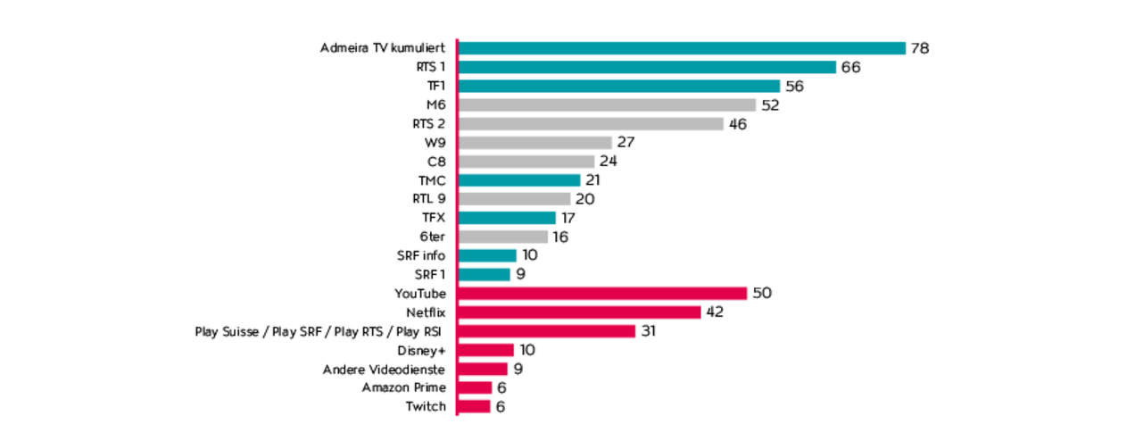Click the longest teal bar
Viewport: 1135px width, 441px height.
683,49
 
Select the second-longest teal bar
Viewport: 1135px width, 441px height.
648,68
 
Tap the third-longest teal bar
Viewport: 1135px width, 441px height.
620,86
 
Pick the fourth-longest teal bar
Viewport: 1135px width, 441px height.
520,181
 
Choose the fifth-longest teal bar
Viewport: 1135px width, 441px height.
509,218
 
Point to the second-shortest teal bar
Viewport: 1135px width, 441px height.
489,255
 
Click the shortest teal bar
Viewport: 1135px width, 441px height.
486,275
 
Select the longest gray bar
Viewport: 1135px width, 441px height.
609,104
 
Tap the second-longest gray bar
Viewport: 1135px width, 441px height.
592,124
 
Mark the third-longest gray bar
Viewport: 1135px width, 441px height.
536,143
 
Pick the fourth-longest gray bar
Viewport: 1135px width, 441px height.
527,162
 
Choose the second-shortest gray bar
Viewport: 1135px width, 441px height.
516,199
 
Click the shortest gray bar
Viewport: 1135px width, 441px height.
505,237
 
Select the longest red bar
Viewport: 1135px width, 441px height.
604,294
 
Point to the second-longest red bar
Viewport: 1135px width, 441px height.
581,312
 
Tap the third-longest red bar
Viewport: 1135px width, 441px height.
549,331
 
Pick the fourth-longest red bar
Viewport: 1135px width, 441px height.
488,350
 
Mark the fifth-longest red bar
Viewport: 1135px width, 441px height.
485,370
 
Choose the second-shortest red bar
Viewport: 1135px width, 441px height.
477,387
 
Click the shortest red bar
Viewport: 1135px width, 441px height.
476,406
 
